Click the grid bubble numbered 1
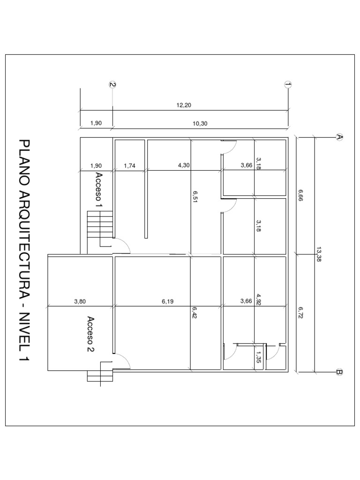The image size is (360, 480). [288, 84]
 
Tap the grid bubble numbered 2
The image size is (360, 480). [112, 84]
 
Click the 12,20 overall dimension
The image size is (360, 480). [184, 105]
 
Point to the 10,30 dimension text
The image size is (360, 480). [200, 123]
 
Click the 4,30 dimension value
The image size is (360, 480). [184, 165]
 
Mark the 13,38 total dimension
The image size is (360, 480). [319, 254]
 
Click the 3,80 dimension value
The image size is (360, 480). [80, 302]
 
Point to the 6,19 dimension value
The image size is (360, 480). [168, 302]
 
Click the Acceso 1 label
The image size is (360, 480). [99, 189]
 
